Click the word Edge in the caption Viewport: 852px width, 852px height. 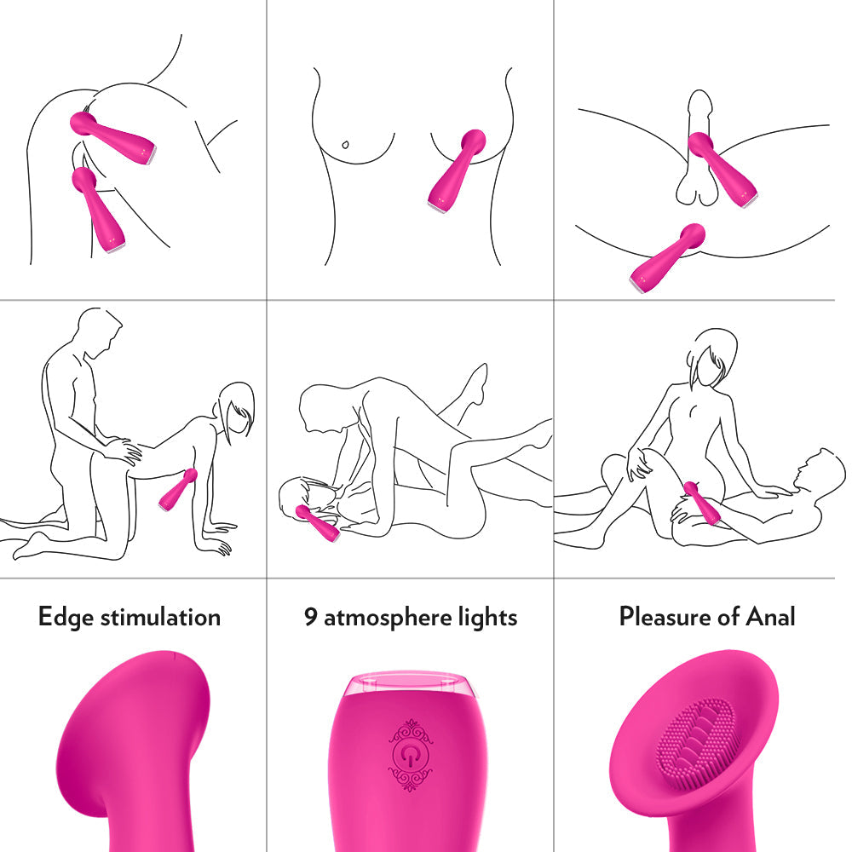click(66, 617)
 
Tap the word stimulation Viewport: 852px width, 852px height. click(160, 617)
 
